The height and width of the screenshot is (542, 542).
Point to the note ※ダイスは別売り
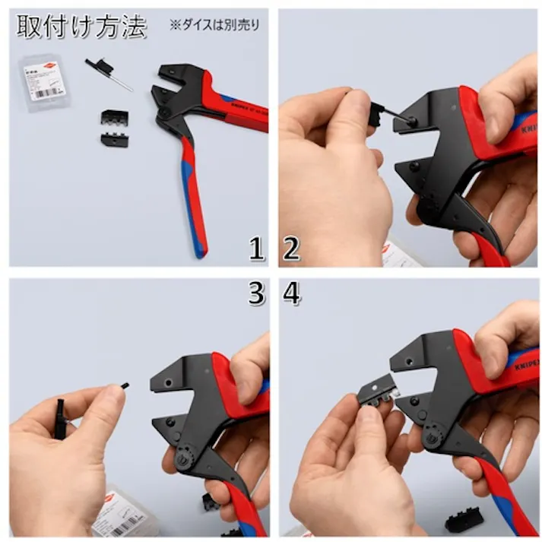(214, 25)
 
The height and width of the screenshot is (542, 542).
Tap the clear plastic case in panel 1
(43, 81)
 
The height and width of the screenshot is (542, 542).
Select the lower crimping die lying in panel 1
(114, 140)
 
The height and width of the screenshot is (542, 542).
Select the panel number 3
(257, 294)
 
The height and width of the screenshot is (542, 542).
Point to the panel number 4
(290, 294)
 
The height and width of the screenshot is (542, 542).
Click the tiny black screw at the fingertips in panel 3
(125, 385)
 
